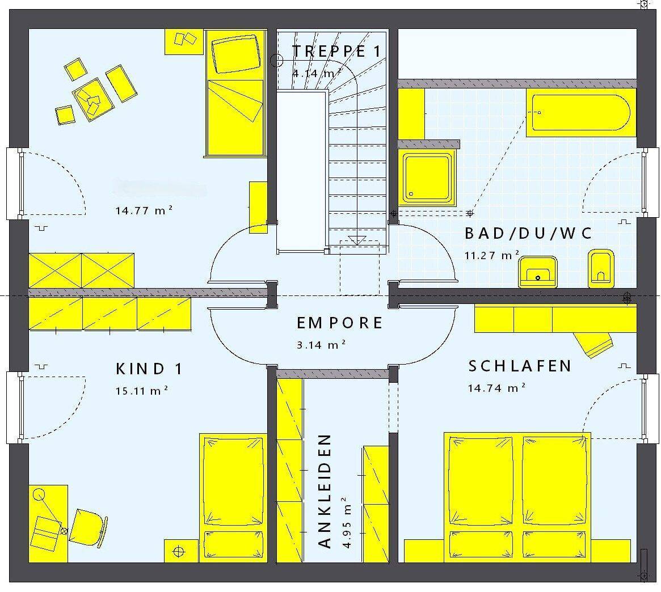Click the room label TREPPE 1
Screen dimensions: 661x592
[x=336, y=51]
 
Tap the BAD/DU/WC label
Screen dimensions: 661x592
[x=529, y=233]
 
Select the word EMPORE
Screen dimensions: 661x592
[x=340, y=323]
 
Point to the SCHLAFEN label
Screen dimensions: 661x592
[x=520, y=366]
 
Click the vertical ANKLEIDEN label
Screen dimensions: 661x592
[x=325, y=491]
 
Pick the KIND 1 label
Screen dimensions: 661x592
[x=149, y=369]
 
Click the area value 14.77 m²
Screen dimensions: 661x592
[x=144, y=210]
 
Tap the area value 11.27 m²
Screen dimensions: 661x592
[x=492, y=255]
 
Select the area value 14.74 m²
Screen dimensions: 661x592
[x=496, y=387]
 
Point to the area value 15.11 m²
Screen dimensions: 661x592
[x=142, y=391]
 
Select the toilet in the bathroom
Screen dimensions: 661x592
[x=601, y=268]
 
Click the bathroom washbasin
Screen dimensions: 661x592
[x=537, y=272]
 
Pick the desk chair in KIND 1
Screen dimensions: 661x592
[x=87, y=527]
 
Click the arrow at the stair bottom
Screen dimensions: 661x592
[x=357, y=240]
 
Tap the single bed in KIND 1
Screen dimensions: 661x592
[x=233, y=498]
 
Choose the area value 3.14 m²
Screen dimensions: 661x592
[x=321, y=345]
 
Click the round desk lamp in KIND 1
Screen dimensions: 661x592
[x=39, y=494]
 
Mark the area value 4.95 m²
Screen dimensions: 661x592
[x=347, y=522]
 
